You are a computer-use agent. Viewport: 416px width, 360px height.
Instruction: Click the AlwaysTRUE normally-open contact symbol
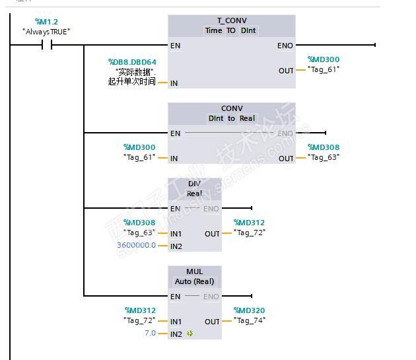click(x=47, y=45)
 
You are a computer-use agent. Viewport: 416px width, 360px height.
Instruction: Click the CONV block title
click(x=231, y=108)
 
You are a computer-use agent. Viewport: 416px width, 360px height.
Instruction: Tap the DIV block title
click(x=194, y=184)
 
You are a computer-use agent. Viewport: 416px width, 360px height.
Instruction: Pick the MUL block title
click(x=194, y=271)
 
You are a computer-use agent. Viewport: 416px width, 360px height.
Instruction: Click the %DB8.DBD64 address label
click(x=132, y=62)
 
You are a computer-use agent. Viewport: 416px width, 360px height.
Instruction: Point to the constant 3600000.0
click(x=137, y=245)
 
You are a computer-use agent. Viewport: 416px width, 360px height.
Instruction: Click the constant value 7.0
click(x=150, y=333)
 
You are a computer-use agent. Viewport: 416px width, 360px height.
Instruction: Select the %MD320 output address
click(x=249, y=310)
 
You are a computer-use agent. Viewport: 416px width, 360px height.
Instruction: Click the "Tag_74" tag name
click(x=249, y=320)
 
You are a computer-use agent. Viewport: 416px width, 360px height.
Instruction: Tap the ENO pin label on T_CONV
click(x=285, y=46)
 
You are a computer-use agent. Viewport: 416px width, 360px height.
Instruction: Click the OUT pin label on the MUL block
click(x=212, y=322)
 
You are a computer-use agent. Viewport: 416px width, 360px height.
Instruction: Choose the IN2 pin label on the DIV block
click(x=176, y=246)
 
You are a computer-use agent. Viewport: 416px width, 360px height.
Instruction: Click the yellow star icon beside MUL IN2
click(x=190, y=334)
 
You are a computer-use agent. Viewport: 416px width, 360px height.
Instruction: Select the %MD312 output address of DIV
click(x=249, y=223)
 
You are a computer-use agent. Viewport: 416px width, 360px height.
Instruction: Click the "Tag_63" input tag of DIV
click(x=139, y=233)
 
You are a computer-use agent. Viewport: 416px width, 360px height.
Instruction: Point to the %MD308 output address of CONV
click(x=324, y=147)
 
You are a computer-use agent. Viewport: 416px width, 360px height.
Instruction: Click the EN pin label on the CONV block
click(x=175, y=133)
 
